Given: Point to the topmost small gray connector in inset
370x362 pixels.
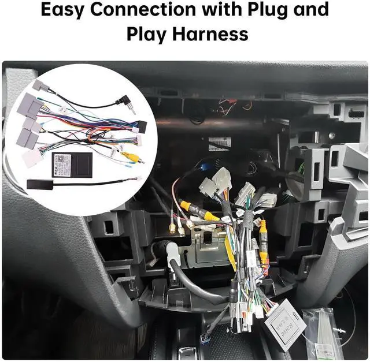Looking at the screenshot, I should tap(42, 86).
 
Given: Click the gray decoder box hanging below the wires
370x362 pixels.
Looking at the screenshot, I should tap(285, 324).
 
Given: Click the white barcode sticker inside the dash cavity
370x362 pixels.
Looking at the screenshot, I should tap(220, 143).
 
